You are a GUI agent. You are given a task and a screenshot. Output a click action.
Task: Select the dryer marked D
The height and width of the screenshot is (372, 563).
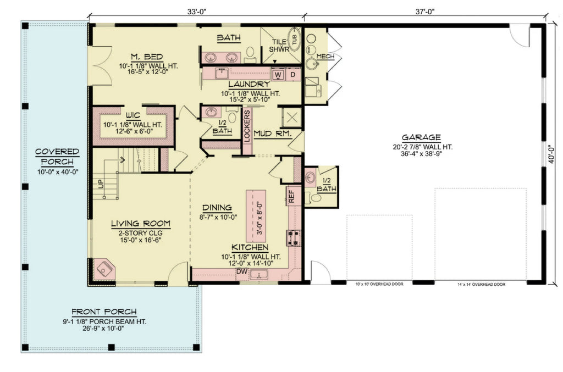[292, 74]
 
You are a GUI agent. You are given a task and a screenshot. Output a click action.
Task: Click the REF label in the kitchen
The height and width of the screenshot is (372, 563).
[291, 196]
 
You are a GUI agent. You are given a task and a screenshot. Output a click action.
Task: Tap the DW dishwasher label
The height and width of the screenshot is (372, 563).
[241, 271]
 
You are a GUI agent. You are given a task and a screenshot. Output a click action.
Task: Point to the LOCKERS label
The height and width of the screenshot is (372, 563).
[247, 127]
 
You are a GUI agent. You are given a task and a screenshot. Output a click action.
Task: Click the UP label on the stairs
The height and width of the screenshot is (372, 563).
[101, 184]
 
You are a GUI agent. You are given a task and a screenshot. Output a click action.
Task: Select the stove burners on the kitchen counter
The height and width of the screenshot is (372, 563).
[291, 237]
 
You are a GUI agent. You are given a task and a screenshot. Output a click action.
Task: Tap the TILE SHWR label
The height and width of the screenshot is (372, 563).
[279, 45]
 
